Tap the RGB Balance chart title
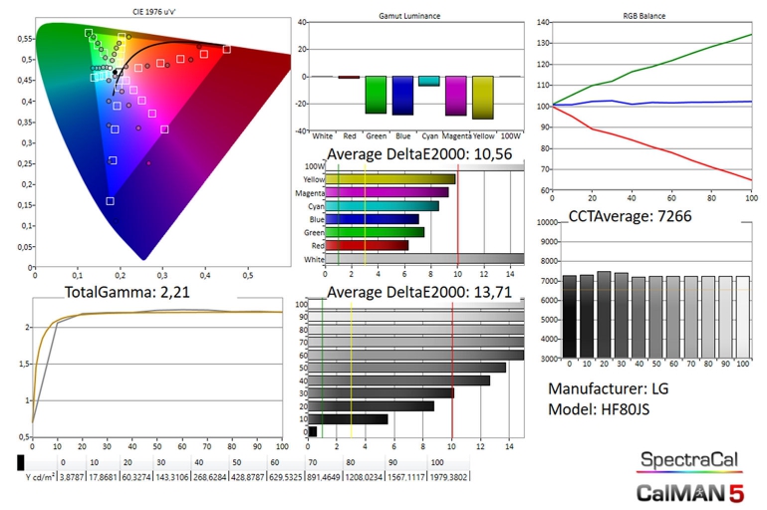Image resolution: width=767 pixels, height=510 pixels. (643, 17)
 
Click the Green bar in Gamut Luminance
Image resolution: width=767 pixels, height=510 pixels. (375, 95)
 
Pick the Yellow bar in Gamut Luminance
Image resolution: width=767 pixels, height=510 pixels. (483, 98)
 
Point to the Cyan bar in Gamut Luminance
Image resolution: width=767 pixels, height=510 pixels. (428, 81)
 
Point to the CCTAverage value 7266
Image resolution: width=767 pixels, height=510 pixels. (687, 215)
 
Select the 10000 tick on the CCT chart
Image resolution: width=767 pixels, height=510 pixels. (546, 223)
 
